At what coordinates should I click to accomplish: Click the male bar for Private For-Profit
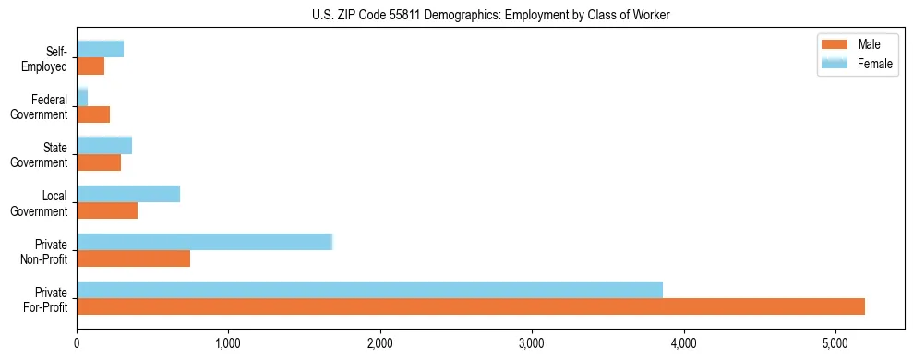tap(471, 306)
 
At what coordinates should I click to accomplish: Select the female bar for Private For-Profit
tap(369, 290)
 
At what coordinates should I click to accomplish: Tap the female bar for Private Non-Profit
tap(204, 242)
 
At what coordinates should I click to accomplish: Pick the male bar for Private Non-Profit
tap(133, 258)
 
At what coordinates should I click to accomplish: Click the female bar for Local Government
tap(128, 194)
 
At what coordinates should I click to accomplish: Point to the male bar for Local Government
tap(107, 210)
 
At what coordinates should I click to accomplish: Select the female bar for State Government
tap(104, 145)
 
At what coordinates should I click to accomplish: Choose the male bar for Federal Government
tap(93, 114)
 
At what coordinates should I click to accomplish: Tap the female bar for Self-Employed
tap(100, 49)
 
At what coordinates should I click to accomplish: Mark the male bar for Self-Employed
tap(90, 66)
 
